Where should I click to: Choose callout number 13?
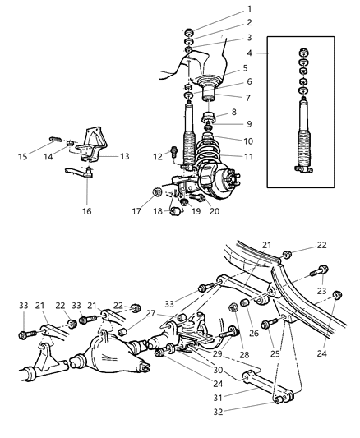coord(126,155)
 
